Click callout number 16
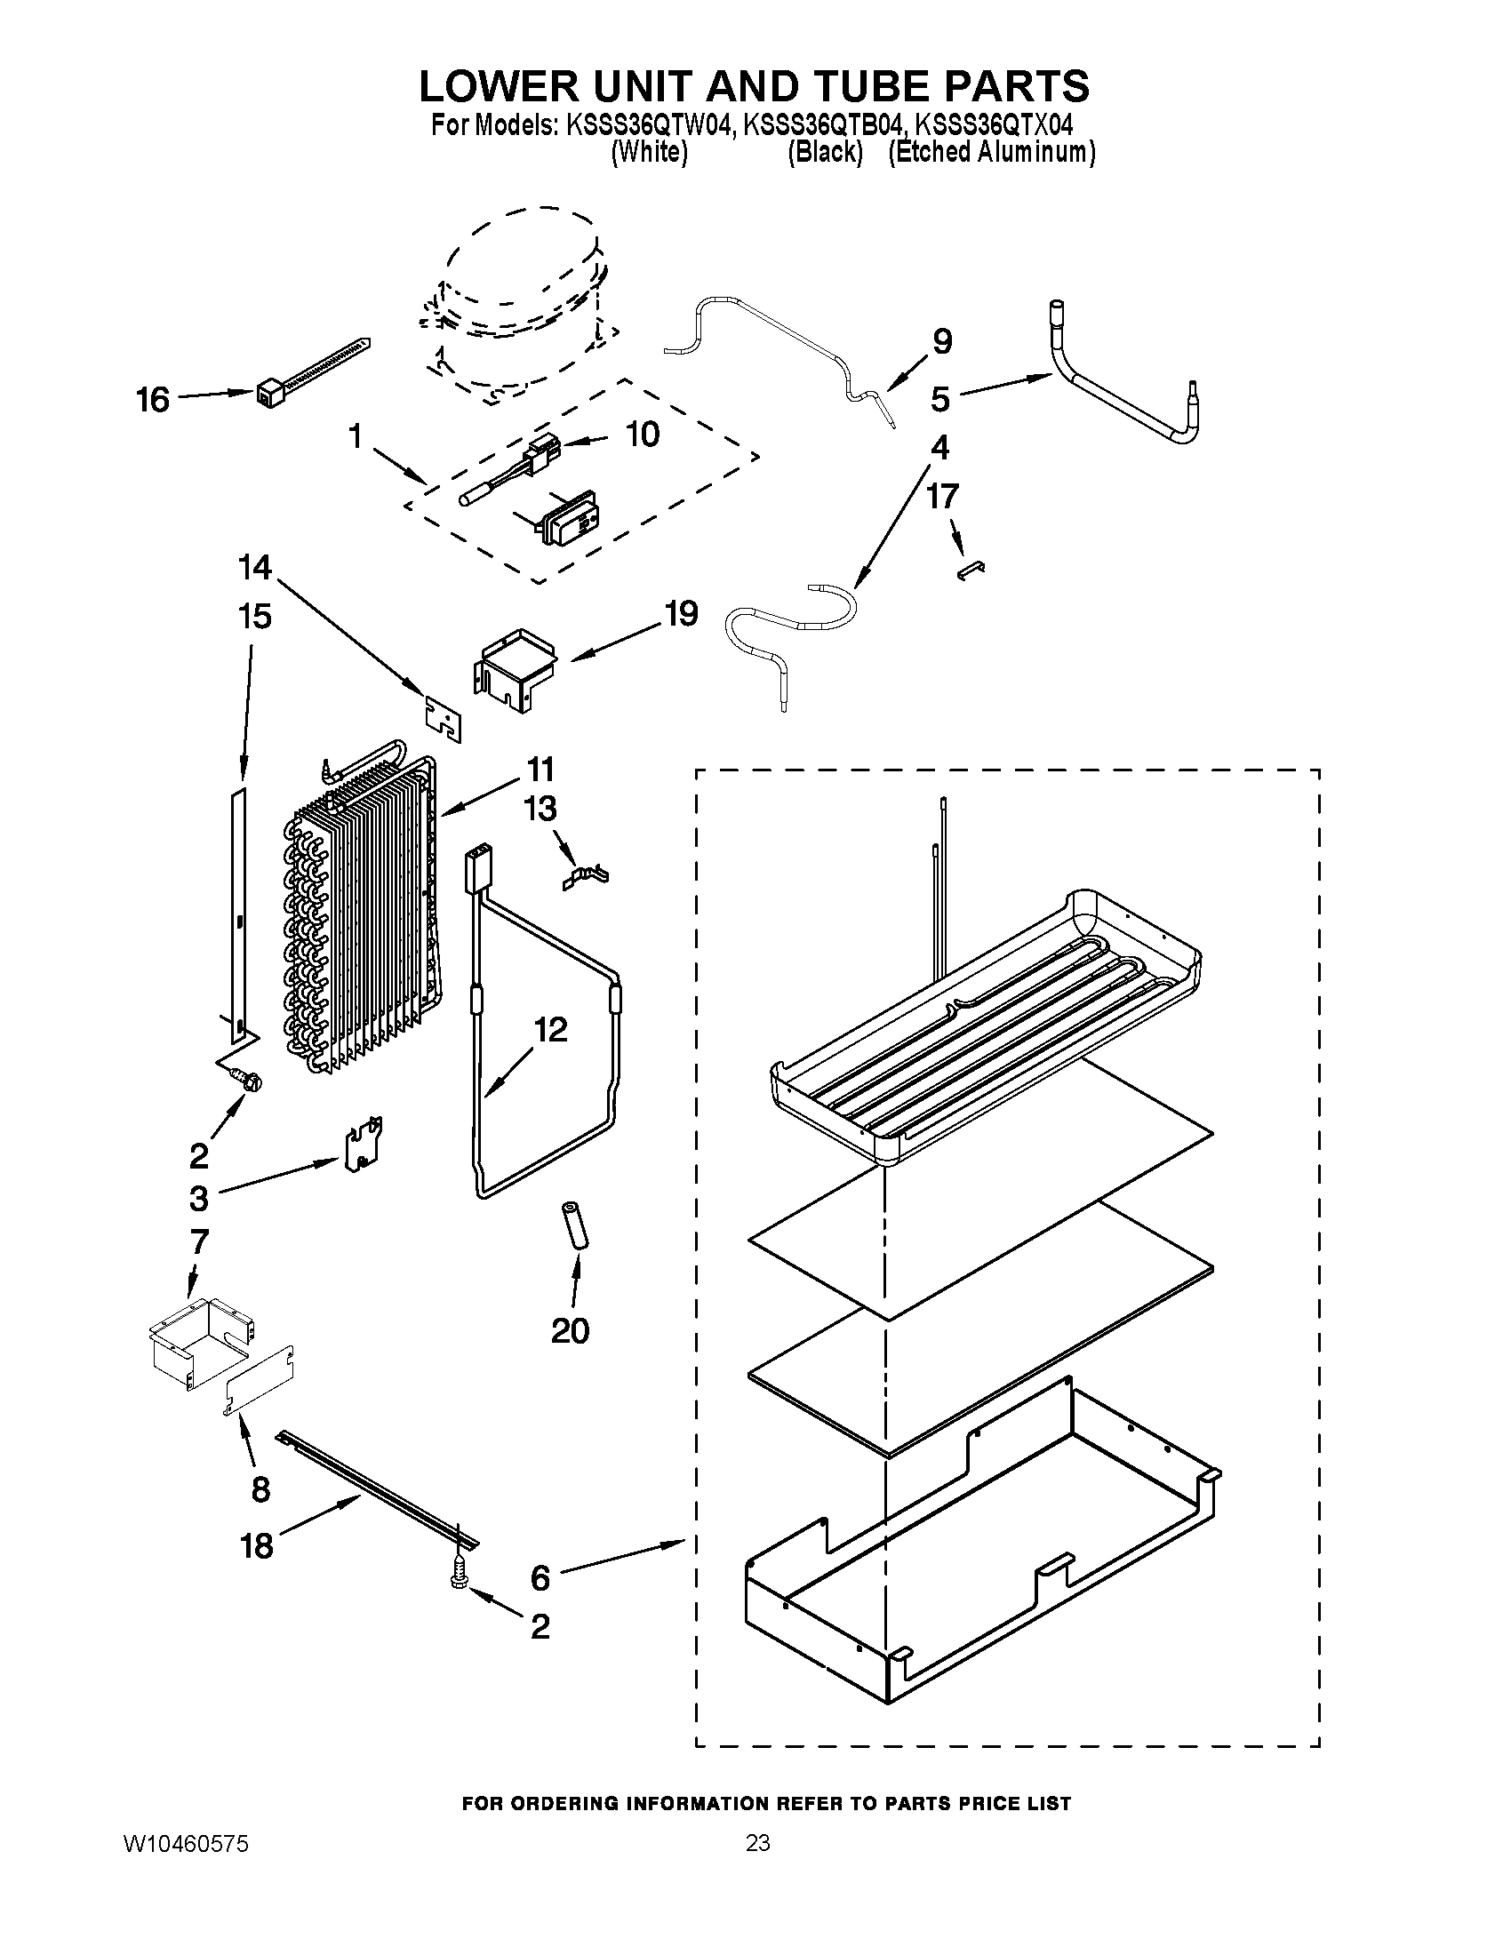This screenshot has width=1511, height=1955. [x=153, y=400]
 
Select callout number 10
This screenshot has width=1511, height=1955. [x=642, y=435]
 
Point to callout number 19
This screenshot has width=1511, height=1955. [x=680, y=614]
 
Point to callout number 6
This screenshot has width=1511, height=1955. [x=540, y=1578]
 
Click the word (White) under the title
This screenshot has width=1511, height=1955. [x=649, y=152]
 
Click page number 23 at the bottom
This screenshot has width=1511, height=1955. [x=757, y=1843]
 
